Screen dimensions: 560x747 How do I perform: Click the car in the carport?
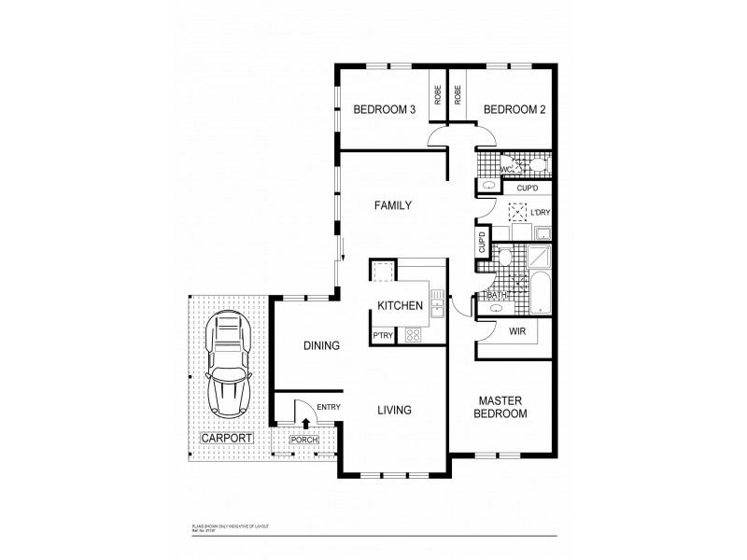[228, 364]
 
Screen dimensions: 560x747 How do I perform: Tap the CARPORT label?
[227, 438]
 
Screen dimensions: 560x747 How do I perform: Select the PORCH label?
[303, 440]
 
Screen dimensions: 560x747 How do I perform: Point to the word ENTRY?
[328, 407]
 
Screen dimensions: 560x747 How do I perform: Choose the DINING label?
[320, 345]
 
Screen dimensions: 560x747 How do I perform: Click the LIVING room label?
[395, 409]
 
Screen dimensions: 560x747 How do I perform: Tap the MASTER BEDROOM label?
[500, 406]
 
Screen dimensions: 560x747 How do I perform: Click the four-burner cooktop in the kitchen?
[414, 334]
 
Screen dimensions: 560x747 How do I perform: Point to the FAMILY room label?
[393, 205]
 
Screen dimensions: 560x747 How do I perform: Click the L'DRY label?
[541, 212]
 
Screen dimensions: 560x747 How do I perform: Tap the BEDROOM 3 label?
[384, 110]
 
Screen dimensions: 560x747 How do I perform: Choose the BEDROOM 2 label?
[514, 110]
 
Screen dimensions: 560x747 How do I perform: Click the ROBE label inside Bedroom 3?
[436, 95]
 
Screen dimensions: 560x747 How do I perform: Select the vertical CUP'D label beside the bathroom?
[483, 243]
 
